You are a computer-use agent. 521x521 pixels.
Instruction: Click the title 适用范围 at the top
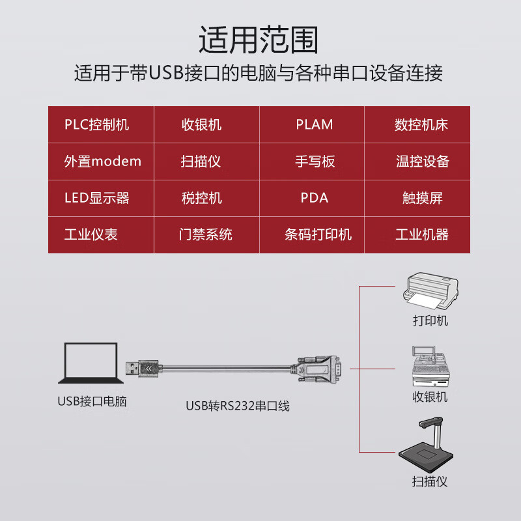coord(259,40)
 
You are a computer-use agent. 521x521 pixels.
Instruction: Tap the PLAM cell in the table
coord(314,124)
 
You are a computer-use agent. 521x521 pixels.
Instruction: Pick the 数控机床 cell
coord(421,124)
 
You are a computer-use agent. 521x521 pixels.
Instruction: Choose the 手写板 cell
coord(315,162)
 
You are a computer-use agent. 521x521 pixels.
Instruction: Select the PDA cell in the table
coord(314,198)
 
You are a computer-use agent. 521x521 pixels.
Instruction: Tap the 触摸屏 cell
coord(422,198)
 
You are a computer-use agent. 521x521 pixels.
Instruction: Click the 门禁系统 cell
coord(206,234)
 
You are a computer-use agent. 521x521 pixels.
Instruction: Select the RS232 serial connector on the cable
coord(319,369)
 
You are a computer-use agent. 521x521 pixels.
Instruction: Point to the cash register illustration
coord(429,367)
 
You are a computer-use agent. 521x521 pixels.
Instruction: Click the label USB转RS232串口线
coord(237,406)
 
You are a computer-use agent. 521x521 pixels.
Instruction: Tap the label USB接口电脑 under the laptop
coord(92,401)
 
